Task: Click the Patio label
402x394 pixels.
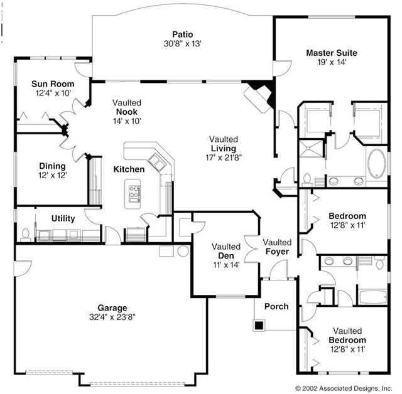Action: (x=182, y=35)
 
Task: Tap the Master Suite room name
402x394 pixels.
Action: (x=332, y=53)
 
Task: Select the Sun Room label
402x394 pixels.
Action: (x=53, y=84)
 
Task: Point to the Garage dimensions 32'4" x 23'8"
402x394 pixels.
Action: (x=112, y=317)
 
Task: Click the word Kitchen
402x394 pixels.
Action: (x=129, y=169)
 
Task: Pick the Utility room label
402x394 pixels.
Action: (x=63, y=218)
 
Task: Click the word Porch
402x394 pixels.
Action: (x=276, y=307)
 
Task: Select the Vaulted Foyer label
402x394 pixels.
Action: (x=277, y=247)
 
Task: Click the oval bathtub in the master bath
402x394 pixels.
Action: (x=378, y=163)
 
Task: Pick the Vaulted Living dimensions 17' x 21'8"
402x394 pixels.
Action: (x=224, y=157)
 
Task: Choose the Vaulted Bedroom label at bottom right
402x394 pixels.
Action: (x=347, y=339)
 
